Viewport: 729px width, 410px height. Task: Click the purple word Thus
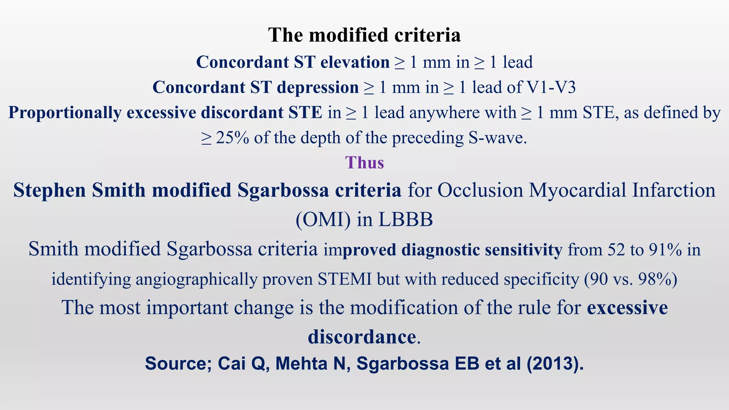(x=364, y=163)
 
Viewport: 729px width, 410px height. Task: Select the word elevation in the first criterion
(x=355, y=62)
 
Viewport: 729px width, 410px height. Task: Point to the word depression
(x=318, y=88)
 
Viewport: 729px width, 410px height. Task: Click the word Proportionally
(x=65, y=112)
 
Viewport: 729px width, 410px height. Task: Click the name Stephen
(x=49, y=190)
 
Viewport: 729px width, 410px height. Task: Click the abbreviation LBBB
(x=405, y=220)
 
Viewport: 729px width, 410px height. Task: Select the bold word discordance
(x=362, y=337)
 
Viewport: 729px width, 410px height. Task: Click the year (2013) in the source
(x=555, y=364)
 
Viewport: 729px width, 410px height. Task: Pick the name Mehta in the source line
(x=301, y=364)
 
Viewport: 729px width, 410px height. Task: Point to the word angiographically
(x=196, y=279)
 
